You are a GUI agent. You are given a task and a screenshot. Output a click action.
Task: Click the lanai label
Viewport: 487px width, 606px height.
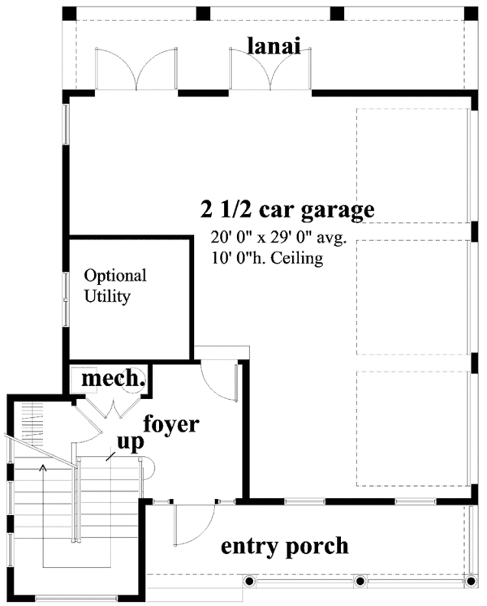pos(274,46)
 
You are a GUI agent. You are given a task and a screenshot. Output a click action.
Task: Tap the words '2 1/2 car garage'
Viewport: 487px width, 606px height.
pos(287,210)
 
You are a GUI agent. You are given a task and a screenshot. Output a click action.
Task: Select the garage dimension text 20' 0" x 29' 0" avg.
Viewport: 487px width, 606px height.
pos(278,238)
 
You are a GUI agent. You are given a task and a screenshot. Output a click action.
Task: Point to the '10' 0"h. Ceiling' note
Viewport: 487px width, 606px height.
pos(267,258)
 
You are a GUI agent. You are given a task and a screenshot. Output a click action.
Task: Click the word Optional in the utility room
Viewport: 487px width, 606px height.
pos(115,277)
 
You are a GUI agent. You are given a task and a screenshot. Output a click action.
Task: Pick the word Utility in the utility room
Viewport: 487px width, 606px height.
pos(107,297)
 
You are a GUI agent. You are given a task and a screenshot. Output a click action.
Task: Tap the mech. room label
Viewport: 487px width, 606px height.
pos(114,379)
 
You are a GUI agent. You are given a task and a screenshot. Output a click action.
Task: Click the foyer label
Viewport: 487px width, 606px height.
pos(171,425)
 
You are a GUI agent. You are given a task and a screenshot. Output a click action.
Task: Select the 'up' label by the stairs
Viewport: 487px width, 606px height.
pos(131,442)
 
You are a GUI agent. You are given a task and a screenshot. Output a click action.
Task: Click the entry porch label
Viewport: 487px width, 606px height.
pos(285,547)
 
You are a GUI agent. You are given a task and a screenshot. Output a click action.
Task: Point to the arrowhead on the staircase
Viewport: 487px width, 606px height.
pos(43,468)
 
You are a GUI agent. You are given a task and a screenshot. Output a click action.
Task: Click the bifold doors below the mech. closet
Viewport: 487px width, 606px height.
pos(111,409)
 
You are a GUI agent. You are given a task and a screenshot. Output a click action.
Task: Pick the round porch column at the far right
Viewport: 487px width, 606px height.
pos(471,581)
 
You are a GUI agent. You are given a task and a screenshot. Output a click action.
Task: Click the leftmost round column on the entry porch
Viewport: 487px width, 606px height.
pos(248,581)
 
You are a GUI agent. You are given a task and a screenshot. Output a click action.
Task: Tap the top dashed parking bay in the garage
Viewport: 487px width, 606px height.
pos(412,165)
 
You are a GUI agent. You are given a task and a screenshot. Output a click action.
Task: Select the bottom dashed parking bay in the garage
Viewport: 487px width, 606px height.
pos(412,428)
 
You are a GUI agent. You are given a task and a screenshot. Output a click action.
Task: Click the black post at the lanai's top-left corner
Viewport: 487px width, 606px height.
pos(69,14)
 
